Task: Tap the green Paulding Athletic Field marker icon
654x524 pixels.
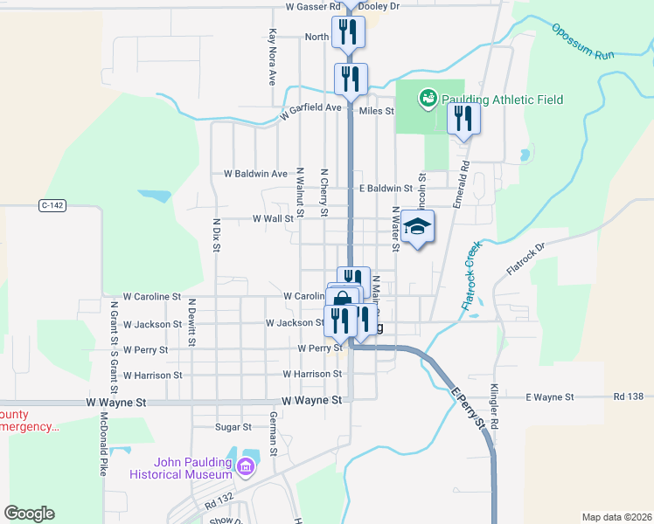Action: [x=428, y=98]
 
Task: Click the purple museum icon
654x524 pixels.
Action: [x=247, y=468]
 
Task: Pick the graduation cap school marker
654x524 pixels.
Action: [x=419, y=227]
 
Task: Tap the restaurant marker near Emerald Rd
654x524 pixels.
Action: [x=464, y=118]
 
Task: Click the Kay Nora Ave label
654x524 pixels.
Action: [x=273, y=58]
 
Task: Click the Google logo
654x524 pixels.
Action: [x=30, y=514]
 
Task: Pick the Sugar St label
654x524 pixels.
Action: [x=233, y=427]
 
